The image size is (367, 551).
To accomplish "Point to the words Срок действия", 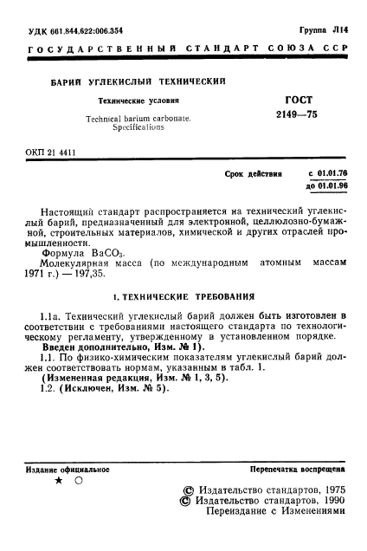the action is [254, 173].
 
